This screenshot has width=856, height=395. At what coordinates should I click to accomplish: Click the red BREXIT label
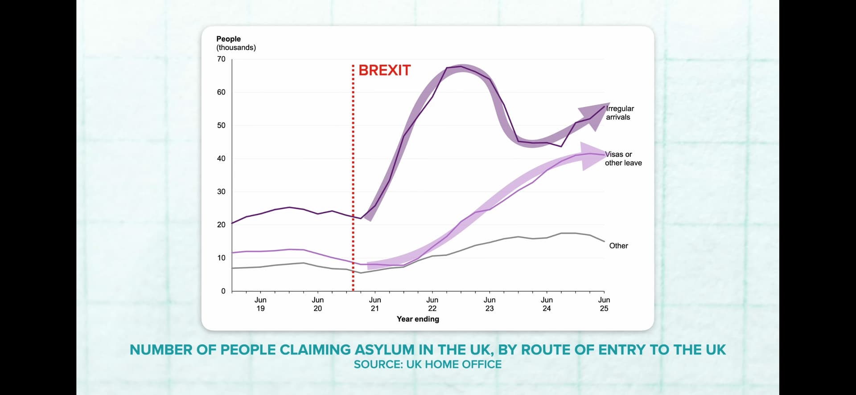(x=384, y=70)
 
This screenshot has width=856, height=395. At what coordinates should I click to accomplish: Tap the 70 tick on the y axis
(x=221, y=59)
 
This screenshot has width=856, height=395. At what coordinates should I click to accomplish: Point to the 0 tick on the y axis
(x=223, y=291)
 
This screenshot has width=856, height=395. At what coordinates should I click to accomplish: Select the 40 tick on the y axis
(x=221, y=159)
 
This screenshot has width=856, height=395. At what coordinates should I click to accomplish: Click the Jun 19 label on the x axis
(x=260, y=304)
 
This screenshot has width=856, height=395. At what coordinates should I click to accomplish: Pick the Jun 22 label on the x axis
(x=432, y=304)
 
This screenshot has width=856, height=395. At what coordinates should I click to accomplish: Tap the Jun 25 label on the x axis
(x=604, y=304)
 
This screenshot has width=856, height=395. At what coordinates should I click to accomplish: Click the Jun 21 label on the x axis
(x=375, y=304)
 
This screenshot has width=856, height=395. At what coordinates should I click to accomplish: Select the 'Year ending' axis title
(x=418, y=319)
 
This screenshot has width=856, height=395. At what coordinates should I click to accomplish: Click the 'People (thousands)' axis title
(x=236, y=43)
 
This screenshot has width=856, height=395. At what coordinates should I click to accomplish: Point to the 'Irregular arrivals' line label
(x=619, y=113)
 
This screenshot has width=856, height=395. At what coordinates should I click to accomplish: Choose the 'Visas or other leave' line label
(x=623, y=159)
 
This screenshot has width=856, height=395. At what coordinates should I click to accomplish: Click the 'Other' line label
(x=618, y=246)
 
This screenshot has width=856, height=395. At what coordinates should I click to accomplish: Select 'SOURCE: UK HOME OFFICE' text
(x=428, y=365)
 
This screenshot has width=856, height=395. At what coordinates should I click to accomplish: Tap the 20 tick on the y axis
(x=221, y=225)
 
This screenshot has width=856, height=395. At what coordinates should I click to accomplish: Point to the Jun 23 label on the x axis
(x=490, y=304)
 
